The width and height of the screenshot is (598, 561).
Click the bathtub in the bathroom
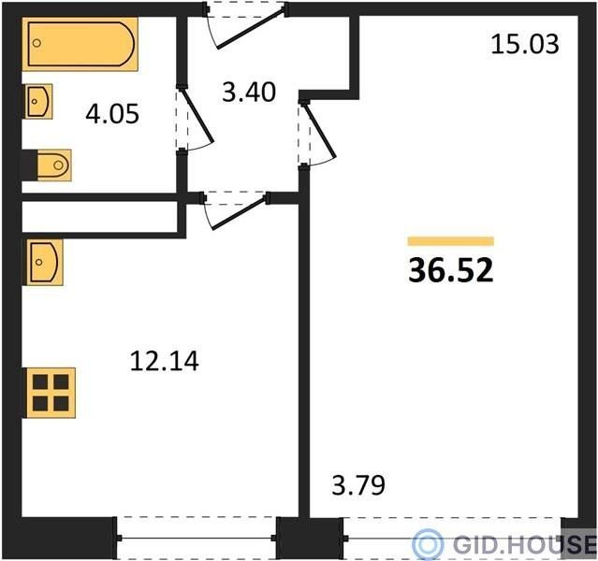(x=80, y=44)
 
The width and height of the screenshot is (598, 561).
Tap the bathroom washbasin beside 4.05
(x=38, y=101)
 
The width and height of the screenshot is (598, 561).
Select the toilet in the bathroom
(x=54, y=165)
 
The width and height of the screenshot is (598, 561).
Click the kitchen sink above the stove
(x=43, y=262)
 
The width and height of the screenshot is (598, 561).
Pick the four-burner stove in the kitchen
(x=50, y=393)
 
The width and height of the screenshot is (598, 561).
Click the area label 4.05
(x=112, y=114)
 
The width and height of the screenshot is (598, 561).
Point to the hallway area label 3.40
(x=249, y=93)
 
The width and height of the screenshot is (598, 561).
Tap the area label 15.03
(x=525, y=44)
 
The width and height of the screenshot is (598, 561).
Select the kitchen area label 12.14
(x=164, y=361)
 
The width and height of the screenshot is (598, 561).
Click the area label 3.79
(x=358, y=485)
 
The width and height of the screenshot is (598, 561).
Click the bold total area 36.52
(x=451, y=270)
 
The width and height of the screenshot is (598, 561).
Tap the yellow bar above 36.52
(x=451, y=241)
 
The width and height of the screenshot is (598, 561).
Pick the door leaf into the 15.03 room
(x=319, y=130)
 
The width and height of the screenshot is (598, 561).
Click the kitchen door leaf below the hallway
(x=239, y=212)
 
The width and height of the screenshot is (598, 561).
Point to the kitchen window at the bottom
(x=196, y=538)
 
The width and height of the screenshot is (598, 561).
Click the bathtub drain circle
(x=36, y=43)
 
